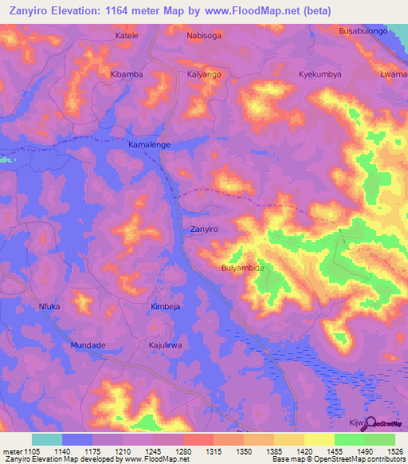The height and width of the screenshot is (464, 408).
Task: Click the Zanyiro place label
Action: coord(204,229)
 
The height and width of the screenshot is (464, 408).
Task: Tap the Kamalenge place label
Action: coord(150,145)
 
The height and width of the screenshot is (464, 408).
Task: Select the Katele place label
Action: coord(127,36)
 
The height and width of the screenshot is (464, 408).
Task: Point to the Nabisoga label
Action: coord(204,36)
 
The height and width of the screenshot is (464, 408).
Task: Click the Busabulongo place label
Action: coord(363,30)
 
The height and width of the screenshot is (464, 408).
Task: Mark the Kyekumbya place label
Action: coord(320,74)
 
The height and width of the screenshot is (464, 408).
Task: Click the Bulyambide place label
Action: coord(242,269)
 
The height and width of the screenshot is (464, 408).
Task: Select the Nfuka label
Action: coord(49,305)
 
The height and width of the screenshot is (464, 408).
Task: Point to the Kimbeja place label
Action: coord(167,306)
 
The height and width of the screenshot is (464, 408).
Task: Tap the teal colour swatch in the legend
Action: coord(47,439)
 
